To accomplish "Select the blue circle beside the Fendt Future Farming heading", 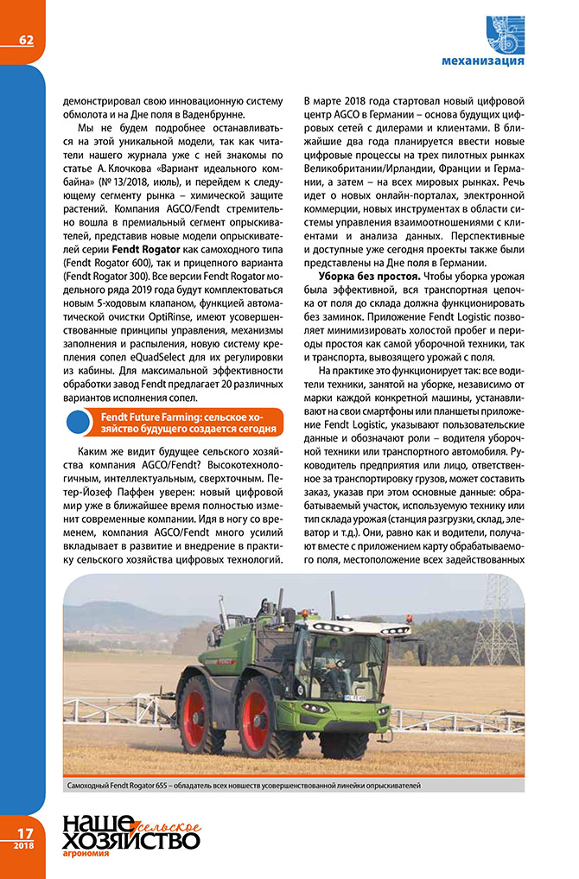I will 79,422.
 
